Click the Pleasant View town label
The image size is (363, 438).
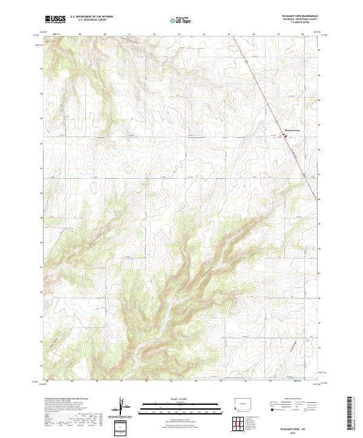point(292,130)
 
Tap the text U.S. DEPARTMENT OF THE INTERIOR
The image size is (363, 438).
point(91,17)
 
